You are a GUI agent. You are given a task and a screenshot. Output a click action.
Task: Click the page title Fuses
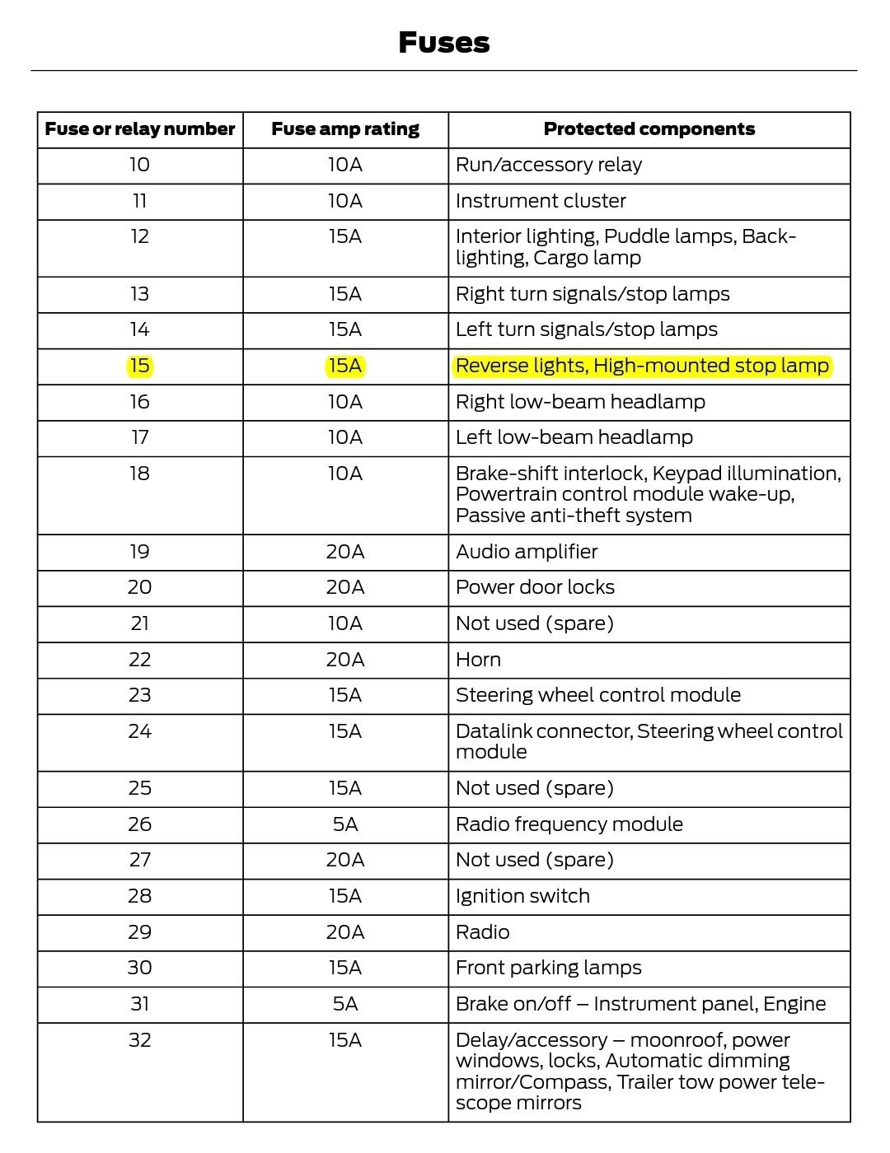click(443, 42)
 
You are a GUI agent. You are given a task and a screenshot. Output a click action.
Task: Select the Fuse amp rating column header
click(345, 129)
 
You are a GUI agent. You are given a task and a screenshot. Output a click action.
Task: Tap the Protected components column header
click(649, 129)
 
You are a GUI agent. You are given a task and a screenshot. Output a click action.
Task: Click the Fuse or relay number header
click(140, 129)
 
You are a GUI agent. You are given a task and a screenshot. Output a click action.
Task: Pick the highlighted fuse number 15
click(140, 366)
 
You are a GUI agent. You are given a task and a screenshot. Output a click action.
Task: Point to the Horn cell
click(478, 660)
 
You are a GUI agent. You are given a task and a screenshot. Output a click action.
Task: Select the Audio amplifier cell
click(527, 552)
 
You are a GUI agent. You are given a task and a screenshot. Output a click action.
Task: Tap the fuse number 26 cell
click(140, 824)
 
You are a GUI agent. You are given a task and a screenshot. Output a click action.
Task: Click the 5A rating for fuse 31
click(345, 1004)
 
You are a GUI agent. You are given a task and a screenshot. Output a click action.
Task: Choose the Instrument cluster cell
click(541, 201)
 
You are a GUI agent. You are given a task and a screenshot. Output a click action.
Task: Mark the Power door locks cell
click(535, 587)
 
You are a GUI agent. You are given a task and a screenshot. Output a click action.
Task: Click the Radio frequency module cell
click(569, 824)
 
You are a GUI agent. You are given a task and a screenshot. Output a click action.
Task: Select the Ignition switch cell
click(522, 896)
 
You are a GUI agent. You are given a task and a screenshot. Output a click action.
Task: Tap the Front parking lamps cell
click(548, 968)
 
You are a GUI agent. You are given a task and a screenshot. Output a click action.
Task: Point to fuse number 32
click(140, 1040)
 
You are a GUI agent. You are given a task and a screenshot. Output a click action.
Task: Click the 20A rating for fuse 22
click(345, 660)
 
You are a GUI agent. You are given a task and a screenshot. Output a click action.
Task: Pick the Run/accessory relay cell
click(548, 165)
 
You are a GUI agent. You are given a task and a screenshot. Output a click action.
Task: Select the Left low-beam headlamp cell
click(574, 437)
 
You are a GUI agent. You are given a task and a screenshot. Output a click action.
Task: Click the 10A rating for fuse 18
click(345, 474)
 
